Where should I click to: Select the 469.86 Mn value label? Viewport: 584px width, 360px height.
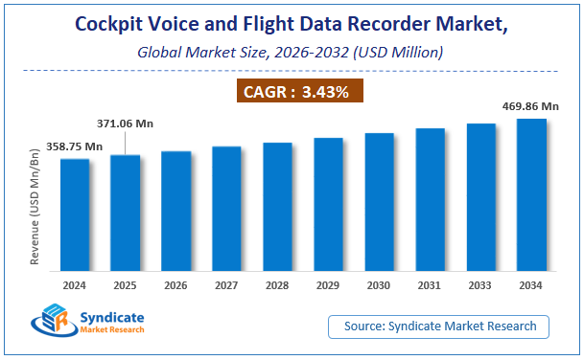pos(530,104)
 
